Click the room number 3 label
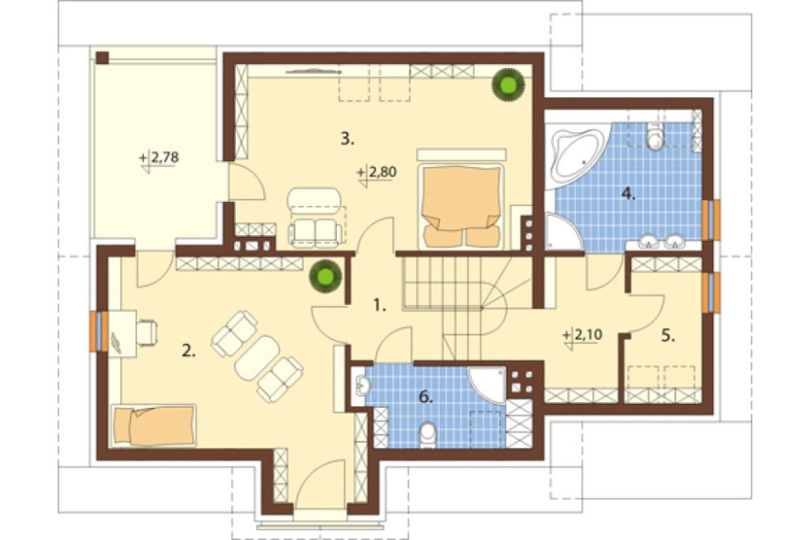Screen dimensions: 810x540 (347, 139)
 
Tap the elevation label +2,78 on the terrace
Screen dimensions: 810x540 (160, 157)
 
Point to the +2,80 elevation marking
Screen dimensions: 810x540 (377, 172)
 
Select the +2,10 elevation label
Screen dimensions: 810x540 (583, 336)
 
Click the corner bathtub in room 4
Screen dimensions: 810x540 (578, 150)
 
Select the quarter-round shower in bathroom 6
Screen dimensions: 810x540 (488, 384)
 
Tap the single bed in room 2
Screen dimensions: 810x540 (154, 425)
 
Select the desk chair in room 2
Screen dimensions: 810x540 (147, 332)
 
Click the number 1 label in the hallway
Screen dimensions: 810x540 (380, 306)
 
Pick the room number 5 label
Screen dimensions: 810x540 (668, 336)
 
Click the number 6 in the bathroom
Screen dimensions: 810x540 (425, 397)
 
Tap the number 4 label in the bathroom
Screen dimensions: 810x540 (628, 195)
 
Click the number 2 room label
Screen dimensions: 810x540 (189, 351)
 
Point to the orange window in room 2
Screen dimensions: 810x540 (96, 332)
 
